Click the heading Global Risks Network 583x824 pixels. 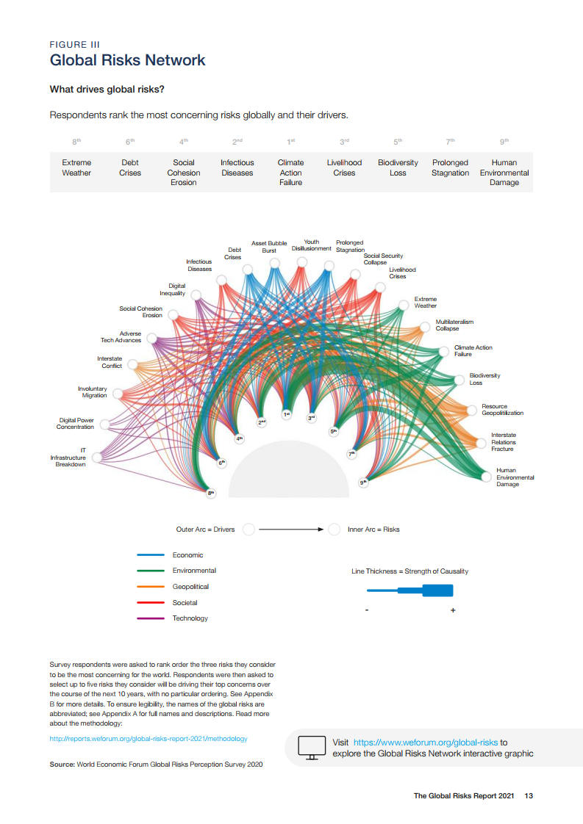[x=127, y=60]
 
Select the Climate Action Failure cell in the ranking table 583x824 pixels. [x=290, y=173]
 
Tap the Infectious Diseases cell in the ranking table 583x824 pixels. [x=237, y=167]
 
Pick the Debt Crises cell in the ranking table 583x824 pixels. [x=130, y=167]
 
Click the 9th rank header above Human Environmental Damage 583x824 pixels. [x=504, y=141]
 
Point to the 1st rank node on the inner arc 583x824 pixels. [x=287, y=414]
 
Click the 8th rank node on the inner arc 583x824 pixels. [x=211, y=494]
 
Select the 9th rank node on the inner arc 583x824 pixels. [x=362, y=483]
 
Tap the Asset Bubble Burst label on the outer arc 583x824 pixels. [x=269, y=247]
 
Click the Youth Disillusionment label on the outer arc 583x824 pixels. [x=312, y=245]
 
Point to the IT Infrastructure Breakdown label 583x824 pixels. [x=68, y=458]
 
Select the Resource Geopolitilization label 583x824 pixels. [x=503, y=410]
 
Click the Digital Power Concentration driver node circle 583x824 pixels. [x=105, y=424]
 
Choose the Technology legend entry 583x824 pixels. [x=190, y=618]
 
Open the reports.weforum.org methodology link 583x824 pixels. [x=149, y=738]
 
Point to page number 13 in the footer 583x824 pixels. [x=529, y=796]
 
